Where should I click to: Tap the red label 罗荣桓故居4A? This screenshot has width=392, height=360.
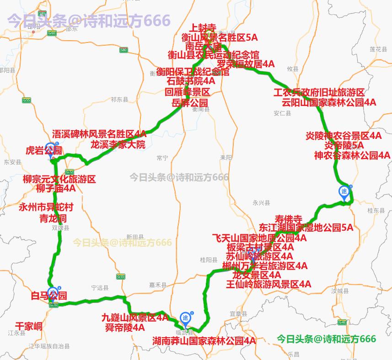coord(246,64)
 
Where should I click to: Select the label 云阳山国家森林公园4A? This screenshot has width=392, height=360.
coord(329,102)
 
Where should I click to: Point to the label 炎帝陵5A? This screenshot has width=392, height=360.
coord(344,145)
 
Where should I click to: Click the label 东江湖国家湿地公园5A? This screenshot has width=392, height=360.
coord(306,228)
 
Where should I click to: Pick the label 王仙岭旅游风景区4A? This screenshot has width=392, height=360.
coord(268,284)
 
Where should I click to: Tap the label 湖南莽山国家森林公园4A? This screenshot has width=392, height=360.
coord(204,341)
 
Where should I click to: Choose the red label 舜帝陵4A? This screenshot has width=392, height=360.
coord(125,327)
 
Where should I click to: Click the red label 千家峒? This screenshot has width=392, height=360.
coord(28,326)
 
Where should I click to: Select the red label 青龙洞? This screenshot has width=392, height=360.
coord(54,217)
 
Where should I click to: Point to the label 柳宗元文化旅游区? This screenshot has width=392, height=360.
coord(59,179)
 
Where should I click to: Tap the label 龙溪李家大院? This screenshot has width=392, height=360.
coord(118,145)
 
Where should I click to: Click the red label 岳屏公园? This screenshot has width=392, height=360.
coord(190,103)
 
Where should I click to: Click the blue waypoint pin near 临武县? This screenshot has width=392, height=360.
coord(185,318)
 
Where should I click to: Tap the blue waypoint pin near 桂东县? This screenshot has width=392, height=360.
coord(344,192)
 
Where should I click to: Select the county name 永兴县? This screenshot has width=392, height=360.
coord(261,203)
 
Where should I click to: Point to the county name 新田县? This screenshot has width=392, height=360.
coord(135,237)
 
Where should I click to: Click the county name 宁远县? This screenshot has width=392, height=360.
coord(100,288)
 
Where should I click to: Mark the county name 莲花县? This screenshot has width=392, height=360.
coord(379,49)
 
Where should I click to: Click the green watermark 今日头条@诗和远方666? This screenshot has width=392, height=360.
coord(326,339)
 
